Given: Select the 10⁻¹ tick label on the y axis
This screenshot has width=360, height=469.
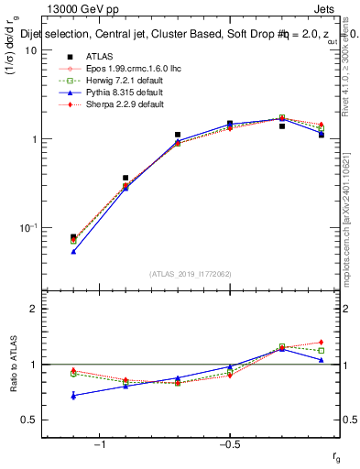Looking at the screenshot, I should tap(27, 227).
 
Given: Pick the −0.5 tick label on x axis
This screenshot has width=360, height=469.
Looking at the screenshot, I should tap(229, 444).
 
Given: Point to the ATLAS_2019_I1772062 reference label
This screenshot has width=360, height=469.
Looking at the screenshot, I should tap(191, 274).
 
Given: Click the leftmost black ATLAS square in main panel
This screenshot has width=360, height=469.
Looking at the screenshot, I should tap(73, 237).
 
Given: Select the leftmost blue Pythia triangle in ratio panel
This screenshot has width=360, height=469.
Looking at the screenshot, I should tap(73, 395).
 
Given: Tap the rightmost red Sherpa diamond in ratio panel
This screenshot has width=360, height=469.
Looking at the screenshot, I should tap(321, 343).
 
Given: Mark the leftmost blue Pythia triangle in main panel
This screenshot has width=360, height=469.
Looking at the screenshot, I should tap(73, 251).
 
